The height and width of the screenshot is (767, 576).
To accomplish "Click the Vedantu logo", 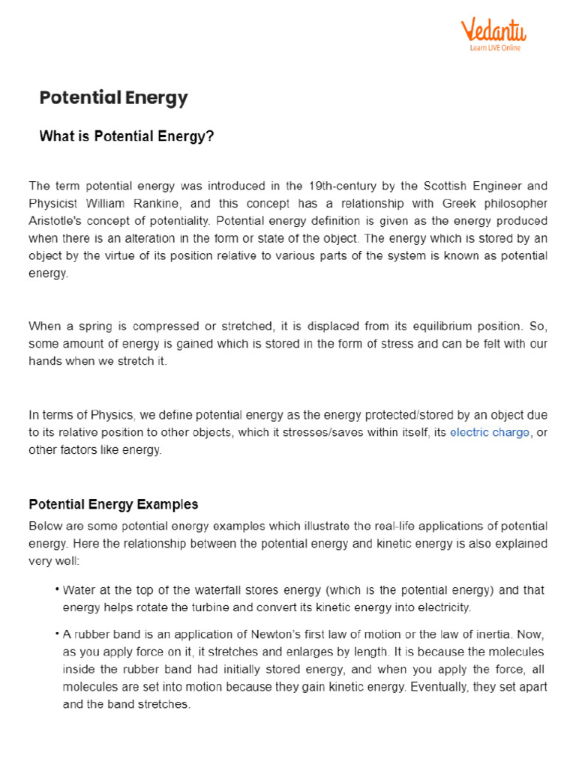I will pyautogui.click(x=493, y=31).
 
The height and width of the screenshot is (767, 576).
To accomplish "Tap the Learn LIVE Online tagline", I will pyautogui.click(x=495, y=48).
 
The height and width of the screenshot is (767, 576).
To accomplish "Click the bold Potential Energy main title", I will pyautogui.click(x=113, y=98).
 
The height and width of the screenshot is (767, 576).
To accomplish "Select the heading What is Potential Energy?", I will pyautogui.click(x=126, y=136).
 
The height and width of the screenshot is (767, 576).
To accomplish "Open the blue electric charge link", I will pyautogui.click(x=490, y=433).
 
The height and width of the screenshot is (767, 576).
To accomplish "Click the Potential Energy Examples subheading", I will pyautogui.click(x=113, y=504).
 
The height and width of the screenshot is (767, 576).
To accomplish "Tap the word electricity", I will pyautogui.click(x=443, y=607).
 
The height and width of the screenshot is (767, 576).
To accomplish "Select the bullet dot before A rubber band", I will pyautogui.click(x=57, y=634).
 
